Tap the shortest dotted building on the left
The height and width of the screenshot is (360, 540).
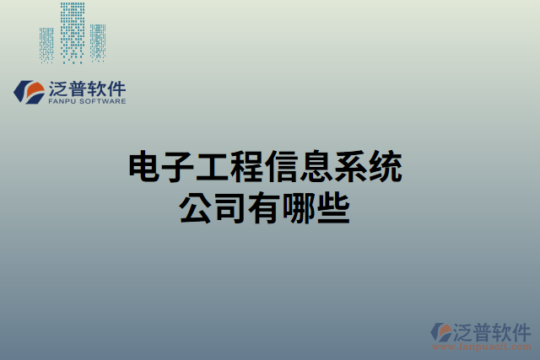(x=47, y=44)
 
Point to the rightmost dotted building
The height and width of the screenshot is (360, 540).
(x=99, y=42)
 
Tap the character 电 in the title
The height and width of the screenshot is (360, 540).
(x=144, y=168)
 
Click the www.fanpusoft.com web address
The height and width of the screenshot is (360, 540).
(x=482, y=347)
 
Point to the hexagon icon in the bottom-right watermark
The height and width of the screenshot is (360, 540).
(x=441, y=331)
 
